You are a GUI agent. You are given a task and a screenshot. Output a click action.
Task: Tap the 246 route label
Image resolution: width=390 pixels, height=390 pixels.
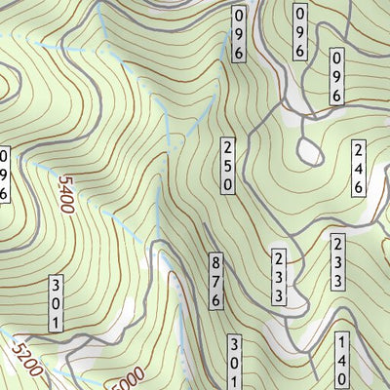359,168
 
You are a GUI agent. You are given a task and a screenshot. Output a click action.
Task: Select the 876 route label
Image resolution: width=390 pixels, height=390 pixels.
215,281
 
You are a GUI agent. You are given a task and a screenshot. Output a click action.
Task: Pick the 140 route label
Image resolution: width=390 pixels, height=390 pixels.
342,360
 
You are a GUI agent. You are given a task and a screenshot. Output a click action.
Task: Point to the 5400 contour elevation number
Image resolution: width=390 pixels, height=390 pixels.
66,195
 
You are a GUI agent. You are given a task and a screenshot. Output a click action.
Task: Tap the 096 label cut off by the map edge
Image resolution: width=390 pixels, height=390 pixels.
4,175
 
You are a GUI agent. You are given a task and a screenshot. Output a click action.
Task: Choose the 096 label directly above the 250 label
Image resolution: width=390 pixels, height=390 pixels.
239,35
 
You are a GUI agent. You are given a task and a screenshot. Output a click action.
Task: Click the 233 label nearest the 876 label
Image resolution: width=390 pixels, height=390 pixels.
278,278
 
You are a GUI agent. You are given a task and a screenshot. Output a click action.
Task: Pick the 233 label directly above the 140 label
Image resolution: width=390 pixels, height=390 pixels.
338,261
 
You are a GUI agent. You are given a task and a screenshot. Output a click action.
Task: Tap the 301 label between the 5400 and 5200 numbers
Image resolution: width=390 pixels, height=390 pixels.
57,303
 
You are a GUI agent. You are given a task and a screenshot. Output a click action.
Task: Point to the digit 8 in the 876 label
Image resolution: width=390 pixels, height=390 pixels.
215,263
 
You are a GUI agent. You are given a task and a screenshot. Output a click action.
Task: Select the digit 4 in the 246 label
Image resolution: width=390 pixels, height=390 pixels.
359,168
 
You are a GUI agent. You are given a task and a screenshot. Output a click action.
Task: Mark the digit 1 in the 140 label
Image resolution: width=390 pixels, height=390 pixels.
342,342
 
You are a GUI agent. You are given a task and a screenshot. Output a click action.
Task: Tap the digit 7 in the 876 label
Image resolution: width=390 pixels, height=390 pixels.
215,281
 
